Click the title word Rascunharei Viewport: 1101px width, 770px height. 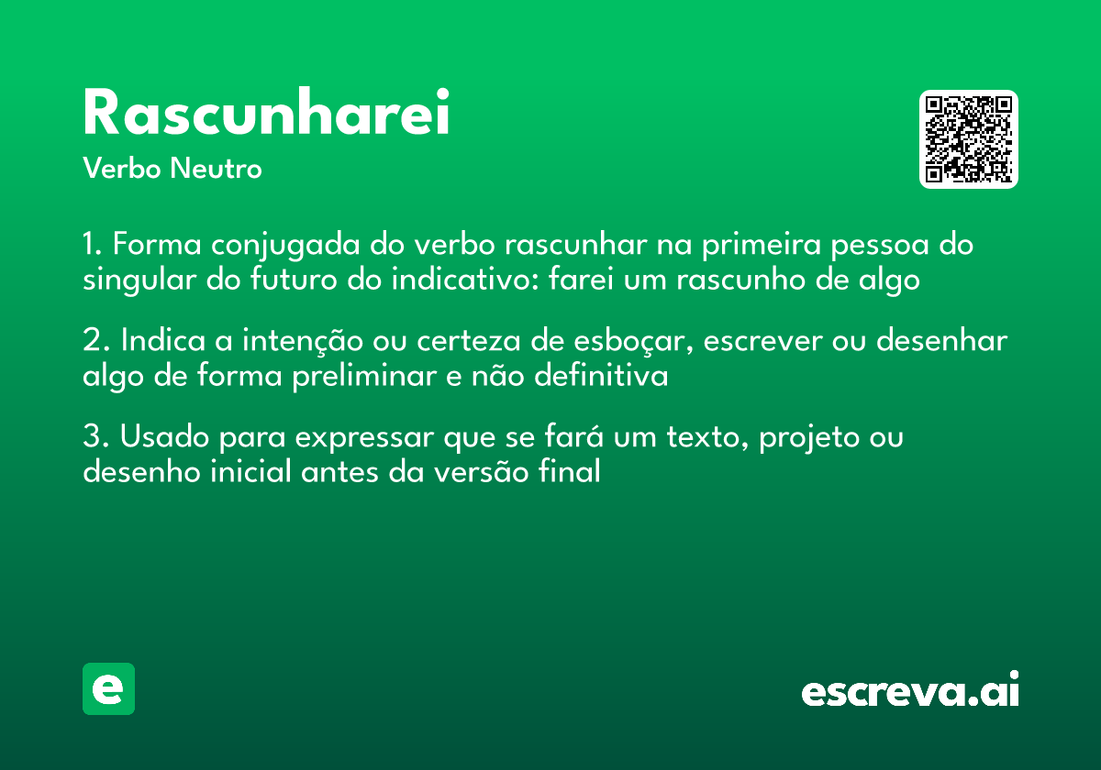pos(266,115)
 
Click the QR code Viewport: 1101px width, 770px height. pos(969,139)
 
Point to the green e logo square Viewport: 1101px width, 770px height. pos(108,688)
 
